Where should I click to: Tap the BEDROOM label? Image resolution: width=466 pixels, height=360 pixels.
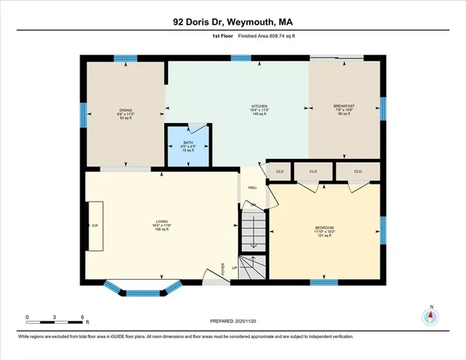tap(324, 227)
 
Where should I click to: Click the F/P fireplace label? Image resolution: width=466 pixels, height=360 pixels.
tap(95, 225)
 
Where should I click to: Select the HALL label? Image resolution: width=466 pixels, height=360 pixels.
tap(253, 187)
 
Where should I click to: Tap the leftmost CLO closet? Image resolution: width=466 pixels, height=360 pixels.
tap(280, 172)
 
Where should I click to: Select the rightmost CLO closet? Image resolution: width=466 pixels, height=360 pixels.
tap(358, 172)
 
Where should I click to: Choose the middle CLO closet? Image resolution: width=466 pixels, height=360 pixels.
tap(314, 172)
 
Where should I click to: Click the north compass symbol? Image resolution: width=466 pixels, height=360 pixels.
tap(430, 316)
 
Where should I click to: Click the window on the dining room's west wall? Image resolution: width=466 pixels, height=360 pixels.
tap(83, 114)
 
